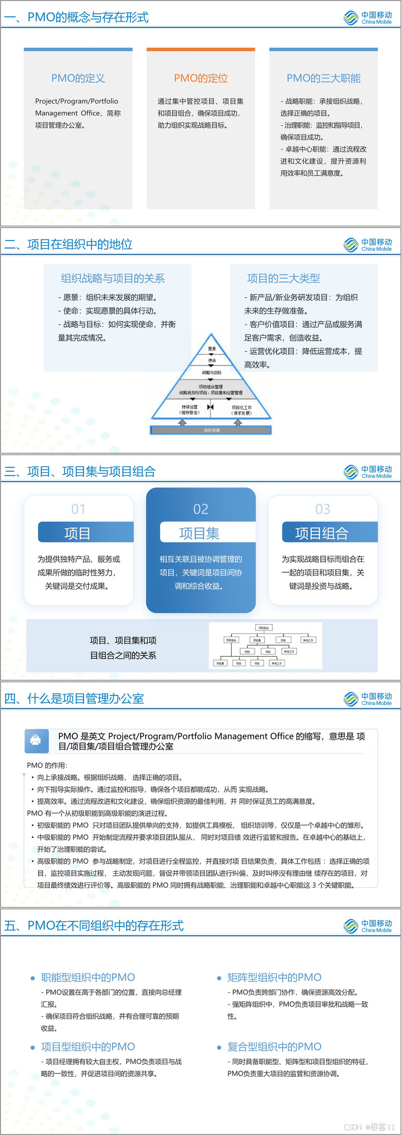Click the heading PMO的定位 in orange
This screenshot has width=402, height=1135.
[x=201, y=78]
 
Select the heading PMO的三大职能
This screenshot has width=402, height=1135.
[x=324, y=78]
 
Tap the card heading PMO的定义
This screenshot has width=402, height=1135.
[x=78, y=78]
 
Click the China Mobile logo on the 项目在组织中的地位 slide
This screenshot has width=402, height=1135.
[x=368, y=245]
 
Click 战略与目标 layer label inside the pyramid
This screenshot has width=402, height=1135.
[x=212, y=373]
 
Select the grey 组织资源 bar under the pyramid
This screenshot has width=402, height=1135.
[x=211, y=430]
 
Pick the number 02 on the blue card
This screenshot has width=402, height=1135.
[x=200, y=509]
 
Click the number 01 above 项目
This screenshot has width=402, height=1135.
[x=78, y=509]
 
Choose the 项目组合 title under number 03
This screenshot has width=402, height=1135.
[x=322, y=533]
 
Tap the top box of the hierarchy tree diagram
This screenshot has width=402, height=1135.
[x=264, y=628]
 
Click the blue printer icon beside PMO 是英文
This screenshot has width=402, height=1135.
[x=36, y=740]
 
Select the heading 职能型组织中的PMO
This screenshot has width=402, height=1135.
[x=88, y=977]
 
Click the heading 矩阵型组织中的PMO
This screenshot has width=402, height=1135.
[x=274, y=977]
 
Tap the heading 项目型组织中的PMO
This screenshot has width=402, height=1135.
[x=88, y=1047]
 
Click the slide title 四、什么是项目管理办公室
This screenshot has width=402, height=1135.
[x=74, y=698]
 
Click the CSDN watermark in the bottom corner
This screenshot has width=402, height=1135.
[x=369, y=1127]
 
